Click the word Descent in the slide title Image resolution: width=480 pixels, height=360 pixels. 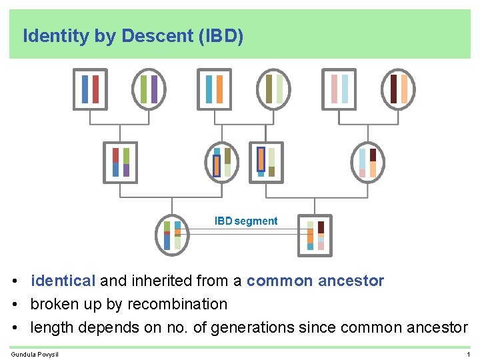[x=157, y=36]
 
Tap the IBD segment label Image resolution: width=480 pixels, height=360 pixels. [x=246, y=221]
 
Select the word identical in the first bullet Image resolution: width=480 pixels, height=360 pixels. [x=63, y=281]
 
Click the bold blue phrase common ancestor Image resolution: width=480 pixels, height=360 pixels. [x=315, y=281]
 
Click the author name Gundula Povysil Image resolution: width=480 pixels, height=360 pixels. [x=35, y=354]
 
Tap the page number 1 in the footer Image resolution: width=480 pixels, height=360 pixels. [x=469, y=354]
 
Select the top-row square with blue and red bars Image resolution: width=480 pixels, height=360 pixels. [x=90, y=89]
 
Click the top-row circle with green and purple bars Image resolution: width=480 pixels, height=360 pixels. [x=149, y=89]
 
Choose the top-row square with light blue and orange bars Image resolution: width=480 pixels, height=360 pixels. [x=215, y=89]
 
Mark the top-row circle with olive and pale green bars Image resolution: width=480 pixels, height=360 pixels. [x=274, y=89]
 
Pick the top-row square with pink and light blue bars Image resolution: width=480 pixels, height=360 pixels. [x=339, y=89]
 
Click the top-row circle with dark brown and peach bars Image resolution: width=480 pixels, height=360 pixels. [x=399, y=89]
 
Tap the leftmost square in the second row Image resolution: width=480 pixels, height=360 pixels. [x=120, y=162]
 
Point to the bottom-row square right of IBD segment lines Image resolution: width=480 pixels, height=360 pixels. [x=315, y=235]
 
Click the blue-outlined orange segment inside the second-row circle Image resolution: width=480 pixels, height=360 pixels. [x=217, y=165]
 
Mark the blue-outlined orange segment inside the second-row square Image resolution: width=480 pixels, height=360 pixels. [x=261, y=159]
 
